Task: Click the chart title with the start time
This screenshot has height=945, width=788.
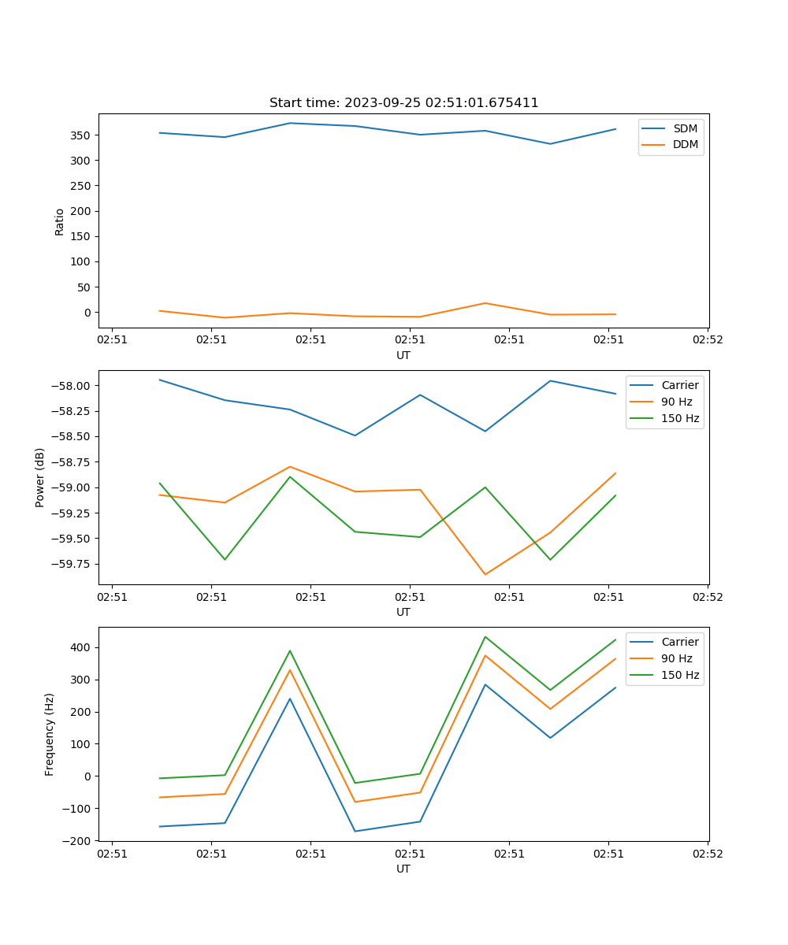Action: [403, 103]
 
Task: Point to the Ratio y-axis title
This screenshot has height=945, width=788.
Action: [60, 221]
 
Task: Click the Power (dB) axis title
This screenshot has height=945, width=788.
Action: [40, 477]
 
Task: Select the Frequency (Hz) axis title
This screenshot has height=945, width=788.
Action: [50, 734]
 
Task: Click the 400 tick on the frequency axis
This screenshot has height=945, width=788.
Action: [83, 647]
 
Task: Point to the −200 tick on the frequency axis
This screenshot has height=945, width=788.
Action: [79, 840]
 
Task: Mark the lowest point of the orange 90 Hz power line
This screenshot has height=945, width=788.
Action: [485, 574]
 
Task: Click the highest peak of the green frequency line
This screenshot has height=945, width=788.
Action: [485, 636]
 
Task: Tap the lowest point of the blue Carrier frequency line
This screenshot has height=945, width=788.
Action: [355, 831]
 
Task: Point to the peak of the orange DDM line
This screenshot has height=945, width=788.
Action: [485, 303]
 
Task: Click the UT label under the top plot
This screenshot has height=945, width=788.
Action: [403, 355]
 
